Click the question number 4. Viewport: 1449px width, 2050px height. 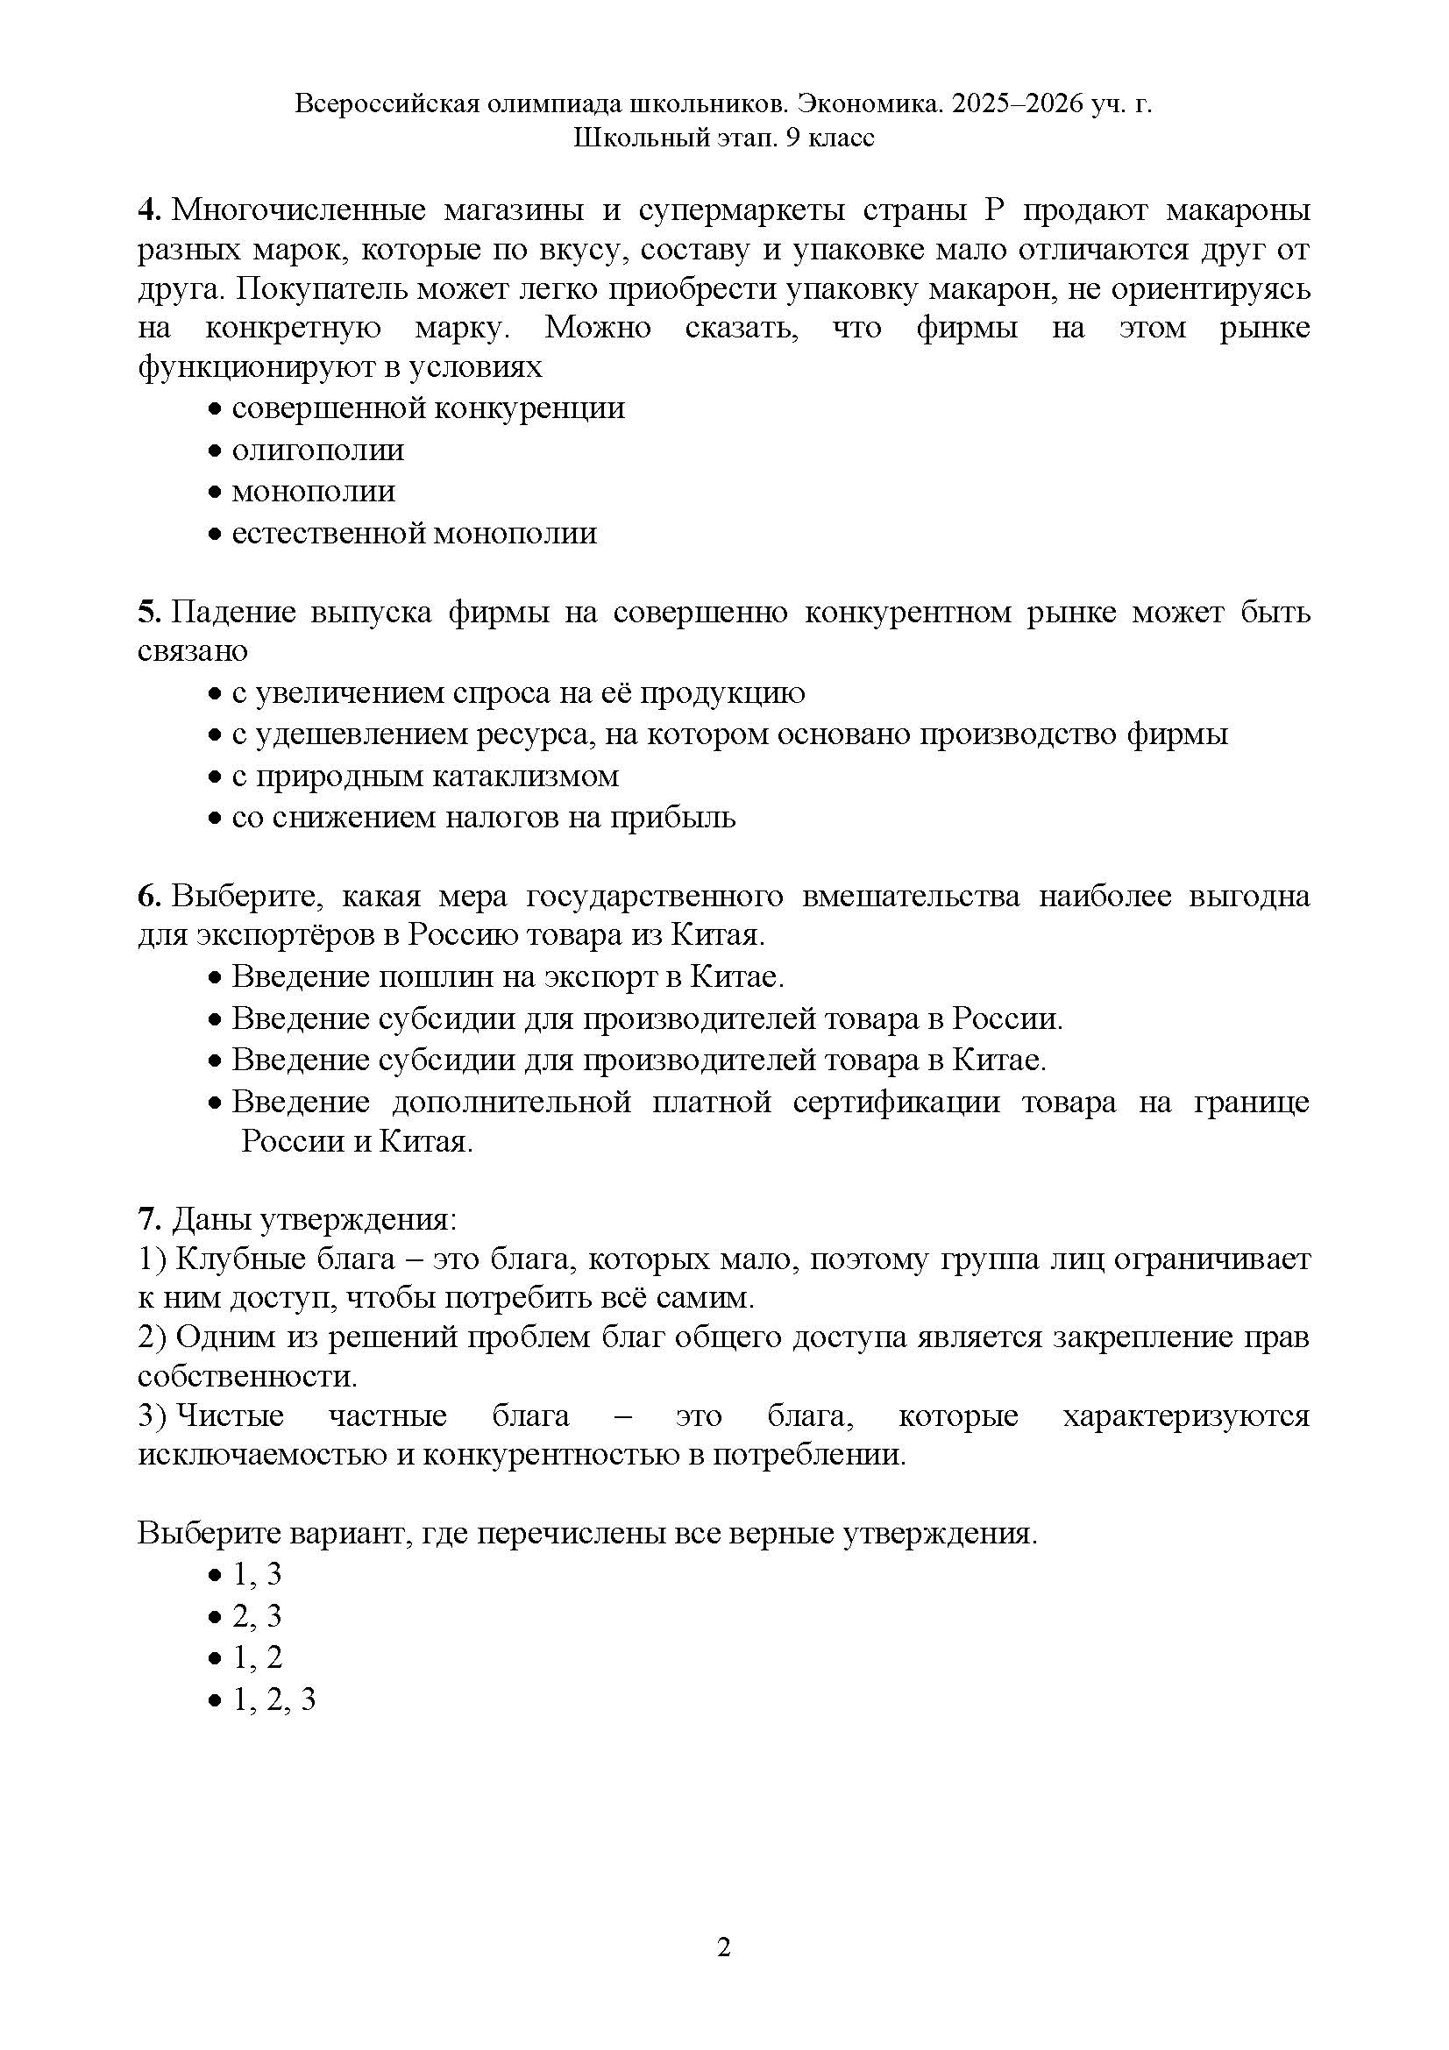(x=147, y=210)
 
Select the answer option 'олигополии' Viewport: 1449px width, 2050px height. (x=317, y=450)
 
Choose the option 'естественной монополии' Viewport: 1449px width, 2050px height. (x=414, y=534)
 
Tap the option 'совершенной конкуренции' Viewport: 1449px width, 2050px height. (x=428, y=408)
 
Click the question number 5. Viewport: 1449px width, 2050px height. (x=147, y=613)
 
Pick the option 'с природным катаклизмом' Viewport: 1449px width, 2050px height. (x=425, y=776)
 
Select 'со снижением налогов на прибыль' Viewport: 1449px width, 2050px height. (x=483, y=818)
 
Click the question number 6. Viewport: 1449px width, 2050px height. (x=147, y=896)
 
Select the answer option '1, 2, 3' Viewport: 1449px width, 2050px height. (x=273, y=1699)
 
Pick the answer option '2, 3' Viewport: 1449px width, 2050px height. (x=257, y=1615)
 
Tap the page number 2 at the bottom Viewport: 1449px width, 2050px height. (x=724, y=1947)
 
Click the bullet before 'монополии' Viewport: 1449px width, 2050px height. (x=213, y=493)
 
